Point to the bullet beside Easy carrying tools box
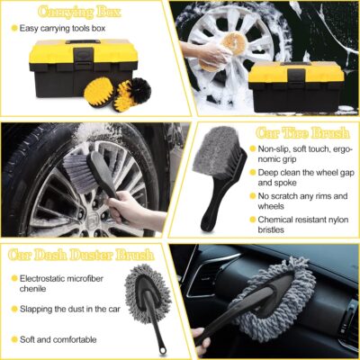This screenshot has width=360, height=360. coord(13,28)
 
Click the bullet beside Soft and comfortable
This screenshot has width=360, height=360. coord(13,339)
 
